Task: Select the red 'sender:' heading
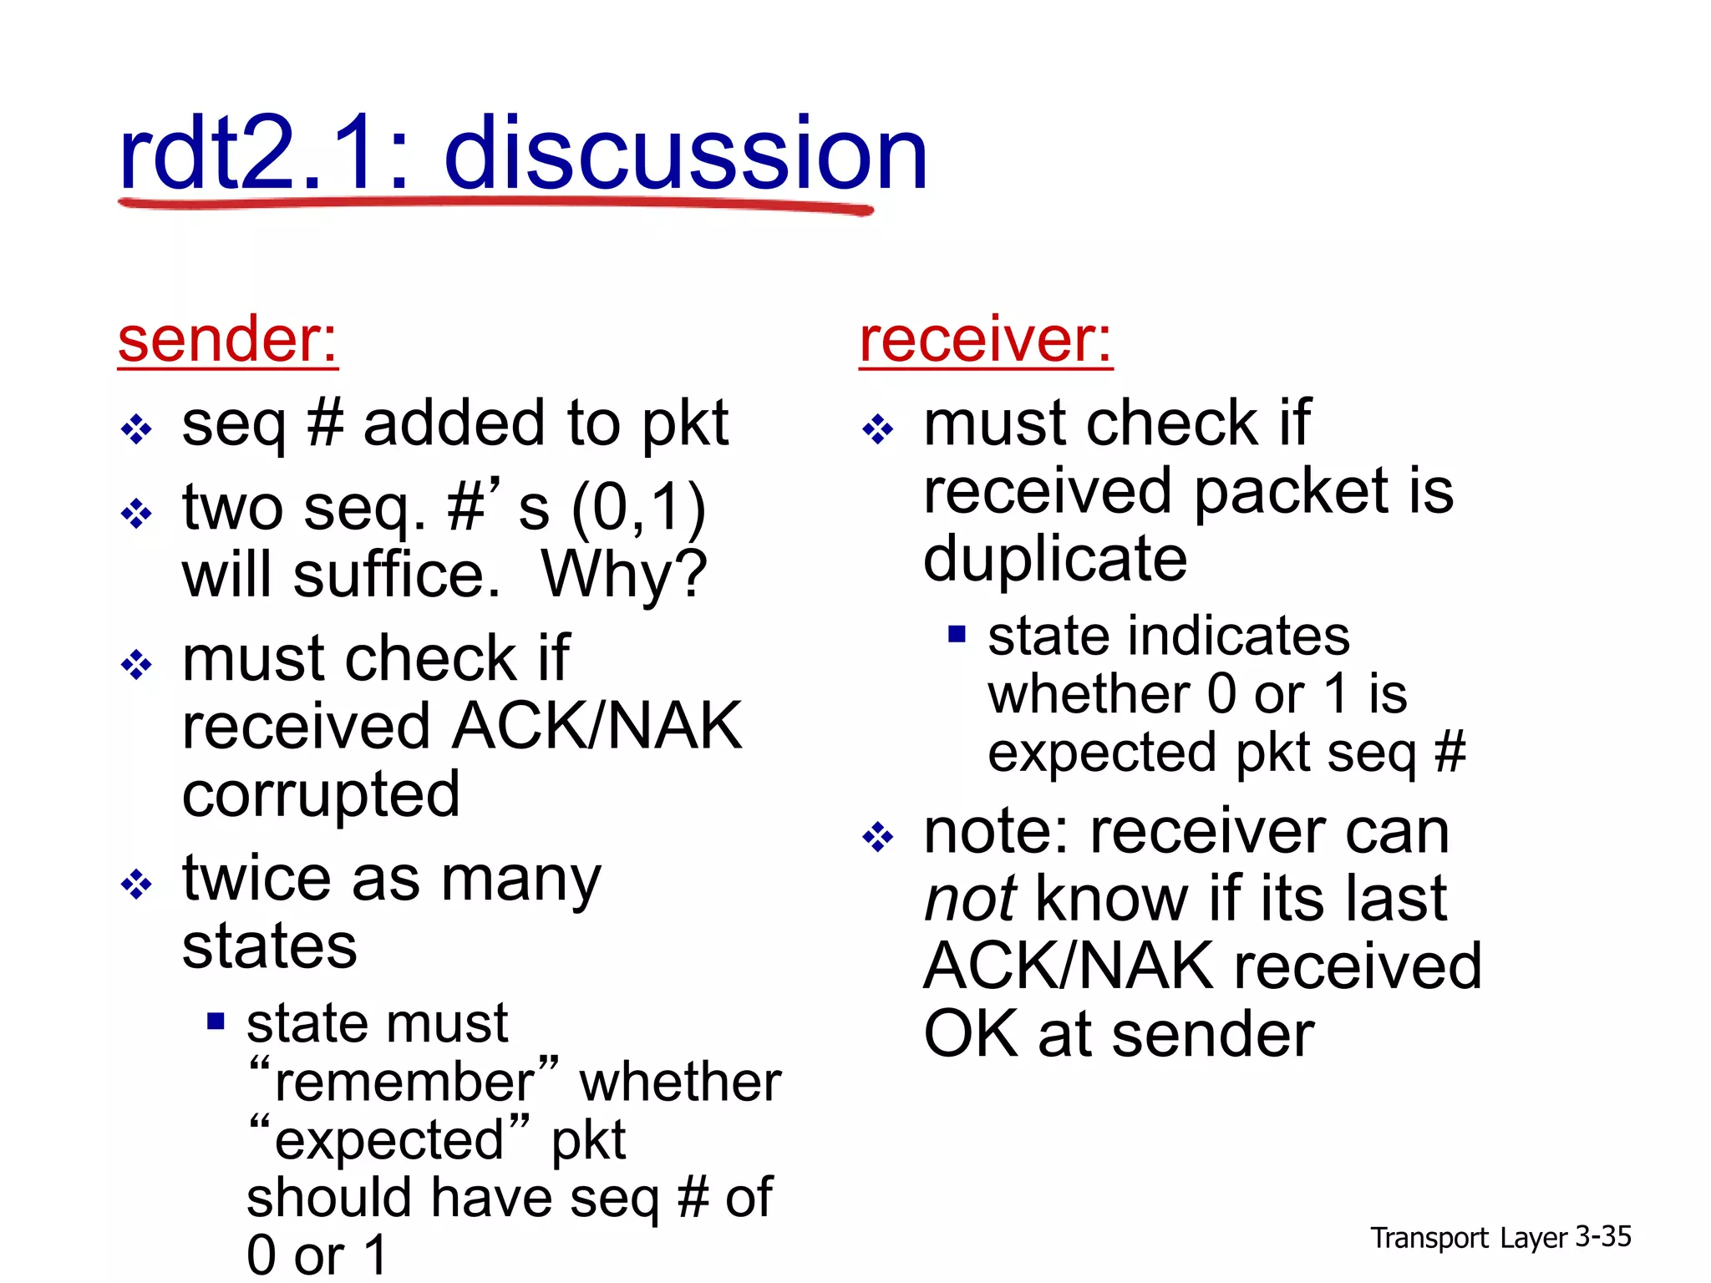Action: (228, 340)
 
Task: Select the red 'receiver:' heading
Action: (986, 340)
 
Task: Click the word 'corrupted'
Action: (321, 795)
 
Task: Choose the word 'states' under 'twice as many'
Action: (269, 946)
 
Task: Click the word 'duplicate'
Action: (1055, 559)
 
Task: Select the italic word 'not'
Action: (970, 900)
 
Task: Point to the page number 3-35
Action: (1602, 1237)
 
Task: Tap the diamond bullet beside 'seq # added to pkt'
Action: (136, 430)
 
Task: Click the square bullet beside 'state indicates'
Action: (957, 635)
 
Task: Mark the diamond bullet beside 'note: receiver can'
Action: (877, 836)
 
